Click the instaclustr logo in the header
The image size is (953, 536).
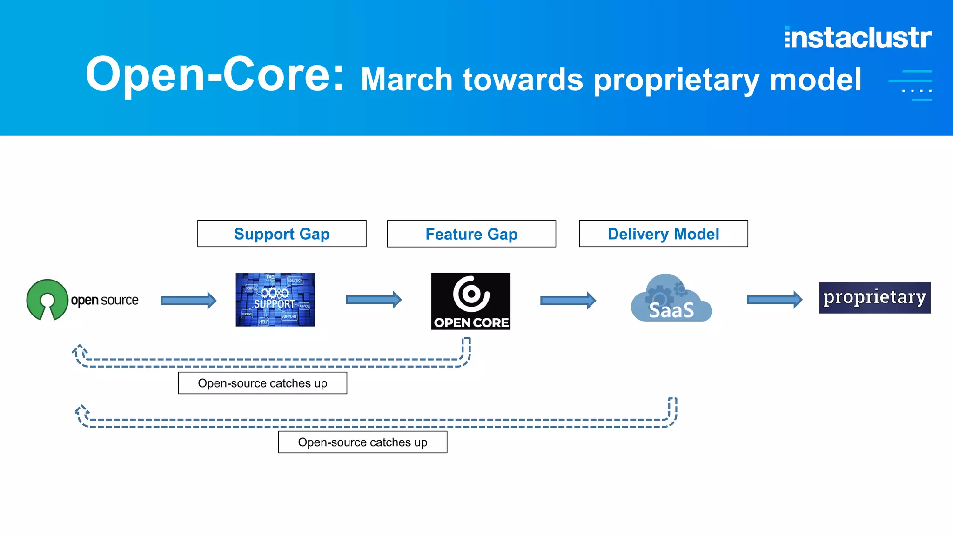click(858, 38)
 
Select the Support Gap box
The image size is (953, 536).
click(282, 234)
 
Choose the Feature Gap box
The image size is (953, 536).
click(471, 234)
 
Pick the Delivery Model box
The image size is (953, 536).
click(663, 234)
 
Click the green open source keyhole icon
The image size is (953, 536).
click(47, 299)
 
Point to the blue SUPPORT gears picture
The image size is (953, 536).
click(275, 300)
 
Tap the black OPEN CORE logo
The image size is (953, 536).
click(470, 301)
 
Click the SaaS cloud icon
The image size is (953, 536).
click(671, 299)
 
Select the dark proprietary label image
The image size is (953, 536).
click(874, 298)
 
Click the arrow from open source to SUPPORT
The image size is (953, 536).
click(188, 301)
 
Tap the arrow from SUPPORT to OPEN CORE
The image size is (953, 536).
click(374, 300)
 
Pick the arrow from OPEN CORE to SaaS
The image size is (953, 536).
click(568, 301)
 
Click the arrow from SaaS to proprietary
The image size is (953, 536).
click(774, 300)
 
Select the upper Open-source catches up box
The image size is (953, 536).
click(262, 383)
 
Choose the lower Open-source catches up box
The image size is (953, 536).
click(362, 442)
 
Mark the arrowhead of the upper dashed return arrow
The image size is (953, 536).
click(79, 351)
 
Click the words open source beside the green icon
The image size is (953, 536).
click(105, 301)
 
